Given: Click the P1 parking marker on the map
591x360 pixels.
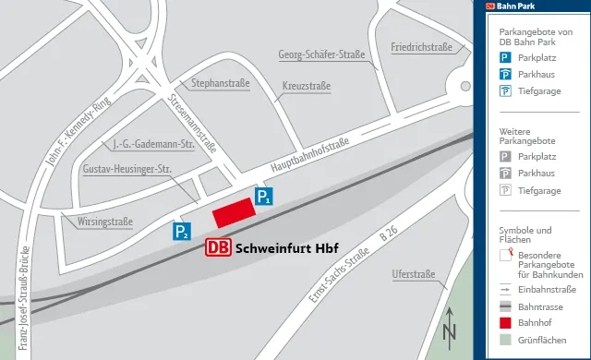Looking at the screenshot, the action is (x=264, y=196).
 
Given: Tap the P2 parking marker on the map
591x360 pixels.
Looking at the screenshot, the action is (x=182, y=232).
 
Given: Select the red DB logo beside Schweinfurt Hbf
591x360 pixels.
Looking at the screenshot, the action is (x=219, y=247).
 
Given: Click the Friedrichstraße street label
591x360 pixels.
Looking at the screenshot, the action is (x=420, y=47).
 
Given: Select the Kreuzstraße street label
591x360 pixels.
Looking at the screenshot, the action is (x=306, y=87).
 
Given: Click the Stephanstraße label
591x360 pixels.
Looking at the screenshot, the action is (x=221, y=84).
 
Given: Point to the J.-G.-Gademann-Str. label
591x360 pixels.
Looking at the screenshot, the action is (x=151, y=144).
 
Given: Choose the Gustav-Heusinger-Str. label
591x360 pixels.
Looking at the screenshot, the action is (x=127, y=170).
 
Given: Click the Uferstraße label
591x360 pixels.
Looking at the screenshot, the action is (x=413, y=274).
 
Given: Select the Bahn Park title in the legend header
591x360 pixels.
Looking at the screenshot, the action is (x=516, y=6).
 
